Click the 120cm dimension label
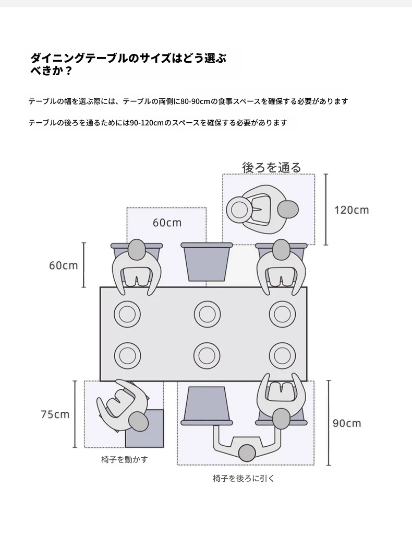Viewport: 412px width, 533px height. point(352,210)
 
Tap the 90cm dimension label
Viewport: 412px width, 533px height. point(346,423)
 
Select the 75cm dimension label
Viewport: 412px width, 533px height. point(55,414)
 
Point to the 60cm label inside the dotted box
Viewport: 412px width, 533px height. point(167,223)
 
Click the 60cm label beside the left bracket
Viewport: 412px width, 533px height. point(64,265)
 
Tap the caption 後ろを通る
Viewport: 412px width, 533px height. point(272,167)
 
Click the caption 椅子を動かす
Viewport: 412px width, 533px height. point(125,459)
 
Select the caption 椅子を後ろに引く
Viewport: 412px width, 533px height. point(244,479)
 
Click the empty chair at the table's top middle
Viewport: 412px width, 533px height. point(207,262)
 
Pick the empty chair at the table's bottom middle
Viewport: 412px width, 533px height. point(207,406)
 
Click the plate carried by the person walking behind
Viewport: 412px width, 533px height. point(239,210)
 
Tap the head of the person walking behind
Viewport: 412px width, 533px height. point(288,210)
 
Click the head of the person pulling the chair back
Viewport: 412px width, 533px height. point(247,453)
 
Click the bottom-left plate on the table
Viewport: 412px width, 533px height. point(127,355)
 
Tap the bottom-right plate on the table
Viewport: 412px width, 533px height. point(282,355)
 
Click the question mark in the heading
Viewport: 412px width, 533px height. point(68,71)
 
